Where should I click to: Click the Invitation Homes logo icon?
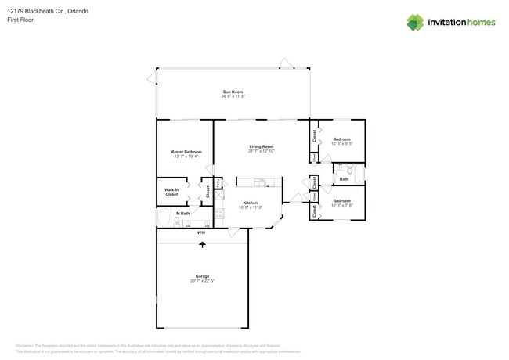[415, 22]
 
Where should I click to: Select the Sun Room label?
[233, 92]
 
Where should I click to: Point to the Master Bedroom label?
[186, 152]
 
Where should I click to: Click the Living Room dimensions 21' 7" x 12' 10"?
[261, 151]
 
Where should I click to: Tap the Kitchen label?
[250, 203]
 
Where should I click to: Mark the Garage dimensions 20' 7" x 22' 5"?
[202, 280]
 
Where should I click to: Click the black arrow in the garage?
[203, 245]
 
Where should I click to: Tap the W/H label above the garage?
[201, 232]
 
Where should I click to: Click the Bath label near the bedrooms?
[344, 179]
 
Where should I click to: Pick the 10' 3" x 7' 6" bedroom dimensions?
[342, 205]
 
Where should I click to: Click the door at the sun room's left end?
[151, 77]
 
